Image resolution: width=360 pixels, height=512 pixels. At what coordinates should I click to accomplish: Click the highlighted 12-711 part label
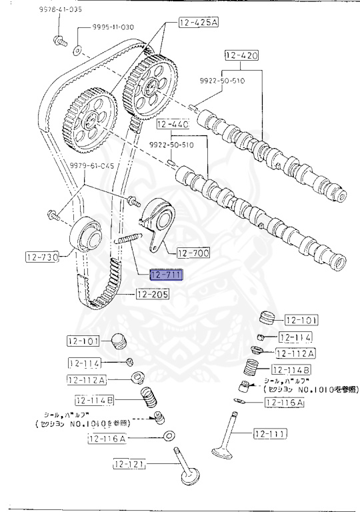(166, 275)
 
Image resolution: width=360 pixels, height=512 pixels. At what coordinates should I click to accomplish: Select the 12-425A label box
(198, 23)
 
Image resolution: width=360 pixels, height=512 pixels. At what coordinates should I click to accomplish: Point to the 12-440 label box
(173, 125)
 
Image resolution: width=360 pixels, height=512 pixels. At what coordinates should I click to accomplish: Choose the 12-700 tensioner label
(193, 253)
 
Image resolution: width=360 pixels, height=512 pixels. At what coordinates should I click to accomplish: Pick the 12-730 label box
(43, 255)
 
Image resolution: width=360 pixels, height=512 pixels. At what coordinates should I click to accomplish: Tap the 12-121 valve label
(129, 464)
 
